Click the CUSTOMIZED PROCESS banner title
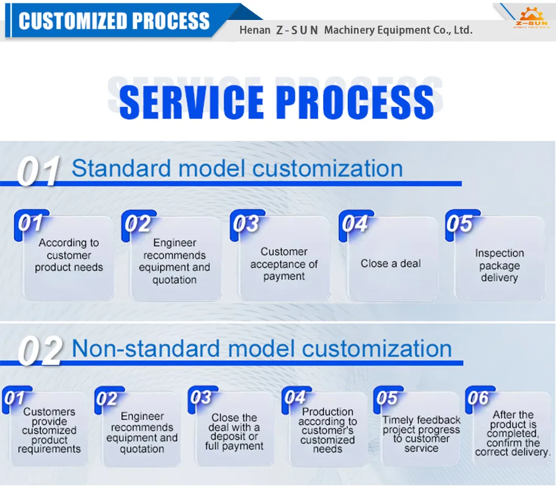click(114, 21)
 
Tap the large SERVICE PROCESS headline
click(276, 101)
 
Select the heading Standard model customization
click(237, 168)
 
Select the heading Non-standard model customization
click(261, 349)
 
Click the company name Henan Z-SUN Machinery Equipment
click(356, 30)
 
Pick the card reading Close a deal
click(391, 264)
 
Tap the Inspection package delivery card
click(499, 265)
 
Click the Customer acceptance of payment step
click(284, 264)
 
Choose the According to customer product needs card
click(69, 256)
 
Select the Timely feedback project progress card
click(421, 434)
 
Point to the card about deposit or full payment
click(234, 432)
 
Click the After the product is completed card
click(513, 433)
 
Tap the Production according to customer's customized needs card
click(328, 430)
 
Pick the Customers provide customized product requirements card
click(49, 430)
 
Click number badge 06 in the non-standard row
click(478, 398)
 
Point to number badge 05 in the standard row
click(459, 224)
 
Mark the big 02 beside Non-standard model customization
click(40, 351)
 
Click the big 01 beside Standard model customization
click(38, 171)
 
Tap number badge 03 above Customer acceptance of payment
click(245, 224)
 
